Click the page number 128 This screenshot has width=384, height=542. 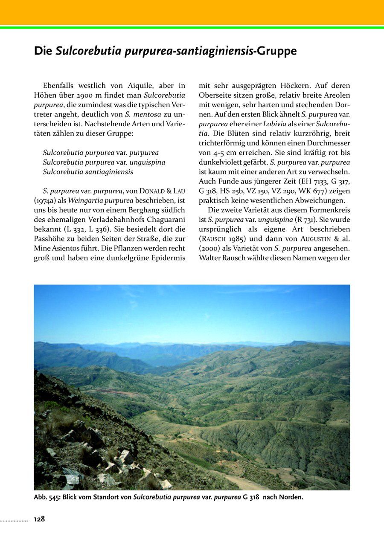(39, 519)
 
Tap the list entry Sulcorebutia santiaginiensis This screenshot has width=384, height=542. (88, 172)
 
